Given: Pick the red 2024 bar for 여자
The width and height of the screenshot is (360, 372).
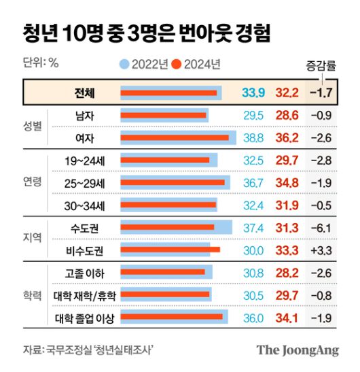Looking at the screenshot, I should (x=175, y=138).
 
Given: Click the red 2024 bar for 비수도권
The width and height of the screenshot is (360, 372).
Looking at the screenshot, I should (x=170, y=250).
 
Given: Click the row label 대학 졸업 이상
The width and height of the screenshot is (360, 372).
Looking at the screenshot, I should (x=85, y=318).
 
